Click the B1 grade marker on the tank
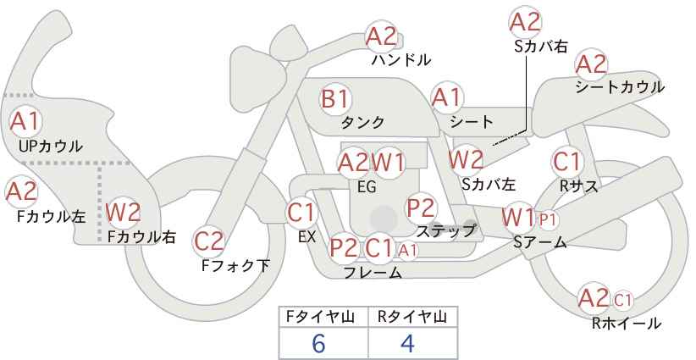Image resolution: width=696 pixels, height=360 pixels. coord(335,98)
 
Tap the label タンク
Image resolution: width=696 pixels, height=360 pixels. coord(362,122)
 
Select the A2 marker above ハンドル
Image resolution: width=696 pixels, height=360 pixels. coord(381,36)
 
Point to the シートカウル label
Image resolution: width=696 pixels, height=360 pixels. coord(620,87)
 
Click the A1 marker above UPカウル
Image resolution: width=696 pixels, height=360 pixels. coord(25,121)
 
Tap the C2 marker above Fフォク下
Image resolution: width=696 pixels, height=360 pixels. coord(209,241)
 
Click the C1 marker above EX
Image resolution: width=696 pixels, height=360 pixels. coord(301,213)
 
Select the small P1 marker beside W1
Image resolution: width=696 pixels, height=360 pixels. coord(547,219)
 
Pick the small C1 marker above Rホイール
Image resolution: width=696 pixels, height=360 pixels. coord(622,301)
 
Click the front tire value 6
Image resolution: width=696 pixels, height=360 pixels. coord(318,343)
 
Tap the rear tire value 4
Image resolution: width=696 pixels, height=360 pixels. coord(407,343)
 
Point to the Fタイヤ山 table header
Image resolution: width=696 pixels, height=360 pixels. coord(320,317)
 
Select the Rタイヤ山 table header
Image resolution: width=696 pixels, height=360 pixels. coord(412,317)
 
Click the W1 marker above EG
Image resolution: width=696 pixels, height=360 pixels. coord(388,163)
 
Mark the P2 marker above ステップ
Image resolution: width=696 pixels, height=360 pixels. coord(420,208)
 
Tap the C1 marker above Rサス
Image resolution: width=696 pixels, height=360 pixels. coord(566,162)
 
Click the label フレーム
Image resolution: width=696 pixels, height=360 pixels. coord(373,272)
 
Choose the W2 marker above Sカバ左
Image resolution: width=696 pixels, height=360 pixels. coord(466,159)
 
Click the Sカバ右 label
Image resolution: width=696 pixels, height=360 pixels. coord(541,47)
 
